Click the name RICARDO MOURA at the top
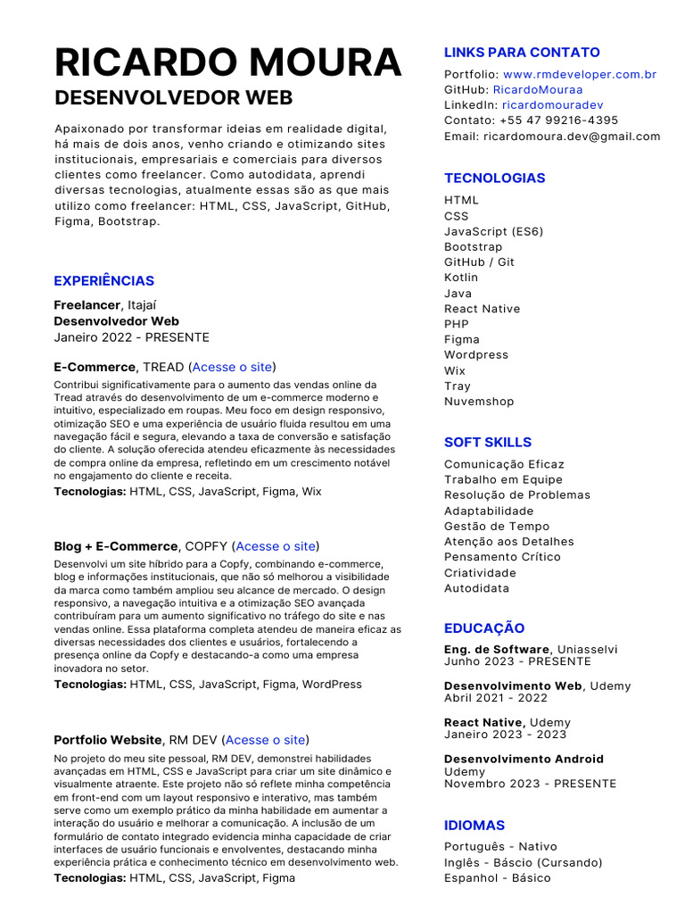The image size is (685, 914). (x=227, y=62)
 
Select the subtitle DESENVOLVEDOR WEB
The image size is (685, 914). (x=173, y=97)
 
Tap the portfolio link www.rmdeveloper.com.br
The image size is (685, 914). (x=579, y=74)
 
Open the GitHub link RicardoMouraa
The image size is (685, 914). (x=537, y=89)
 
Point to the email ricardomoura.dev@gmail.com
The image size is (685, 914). (x=572, y=137)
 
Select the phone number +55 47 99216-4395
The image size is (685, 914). (x=558, y=120)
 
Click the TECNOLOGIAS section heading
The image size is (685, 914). (x=494, y=178)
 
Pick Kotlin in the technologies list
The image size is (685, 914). (x=461, y=278)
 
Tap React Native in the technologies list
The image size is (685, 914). (x=482, y=309)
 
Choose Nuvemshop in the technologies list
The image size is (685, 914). (x=479, y=402)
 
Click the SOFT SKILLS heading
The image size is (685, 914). (x=487, y=442)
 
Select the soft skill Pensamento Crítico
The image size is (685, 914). (x=502, y=557)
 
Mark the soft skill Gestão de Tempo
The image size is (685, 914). (x=497, y=527)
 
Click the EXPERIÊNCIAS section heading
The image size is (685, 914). (x=103, y=280)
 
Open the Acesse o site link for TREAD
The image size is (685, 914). (x=232, y=367)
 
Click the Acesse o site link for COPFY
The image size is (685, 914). (x=276, y=546)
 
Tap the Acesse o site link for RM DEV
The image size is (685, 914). (x=265, y=740)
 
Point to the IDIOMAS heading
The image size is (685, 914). (x=475, y=826)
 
